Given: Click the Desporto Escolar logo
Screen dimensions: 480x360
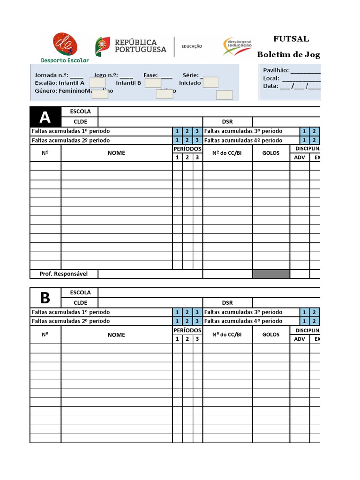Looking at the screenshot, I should [x=65, y=47].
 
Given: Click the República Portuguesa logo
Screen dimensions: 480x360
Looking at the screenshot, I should [x=131, y=46].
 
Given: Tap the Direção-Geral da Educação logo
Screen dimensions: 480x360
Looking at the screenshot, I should [x=237, y=46].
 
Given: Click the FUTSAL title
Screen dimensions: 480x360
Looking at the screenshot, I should [x=291, y=39].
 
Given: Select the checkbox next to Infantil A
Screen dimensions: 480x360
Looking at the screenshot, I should [x=97, y=82].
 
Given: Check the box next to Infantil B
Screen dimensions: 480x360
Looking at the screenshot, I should [x=153, y=82].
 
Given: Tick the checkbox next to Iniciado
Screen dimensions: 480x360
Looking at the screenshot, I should [x=211, y=82].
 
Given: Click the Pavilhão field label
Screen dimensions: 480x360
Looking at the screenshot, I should [x=276, y=70].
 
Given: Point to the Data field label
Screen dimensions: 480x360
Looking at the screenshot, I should [x=270, y=86].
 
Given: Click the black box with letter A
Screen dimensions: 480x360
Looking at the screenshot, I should [x=45, y=117].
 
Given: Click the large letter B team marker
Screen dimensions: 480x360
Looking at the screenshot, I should [x=45, y=298].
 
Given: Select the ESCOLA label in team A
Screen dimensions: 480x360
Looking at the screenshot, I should [x=80, y=112].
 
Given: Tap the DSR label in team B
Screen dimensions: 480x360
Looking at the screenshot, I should [x=227, y=303].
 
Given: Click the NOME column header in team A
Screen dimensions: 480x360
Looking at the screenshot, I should [x=116, y=153].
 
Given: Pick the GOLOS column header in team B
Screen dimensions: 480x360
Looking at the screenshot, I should [x=271, y=335].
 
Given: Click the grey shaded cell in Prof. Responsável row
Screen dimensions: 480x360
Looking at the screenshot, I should [x=271, y=274].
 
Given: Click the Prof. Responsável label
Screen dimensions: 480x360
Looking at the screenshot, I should [x=64, y=274].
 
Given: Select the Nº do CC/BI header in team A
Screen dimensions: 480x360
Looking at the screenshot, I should [x=227, y=153].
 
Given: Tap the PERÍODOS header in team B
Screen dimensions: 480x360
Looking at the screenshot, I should [x=187, y=330].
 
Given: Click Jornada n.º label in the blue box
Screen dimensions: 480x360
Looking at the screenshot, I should [x=52, y=75].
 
